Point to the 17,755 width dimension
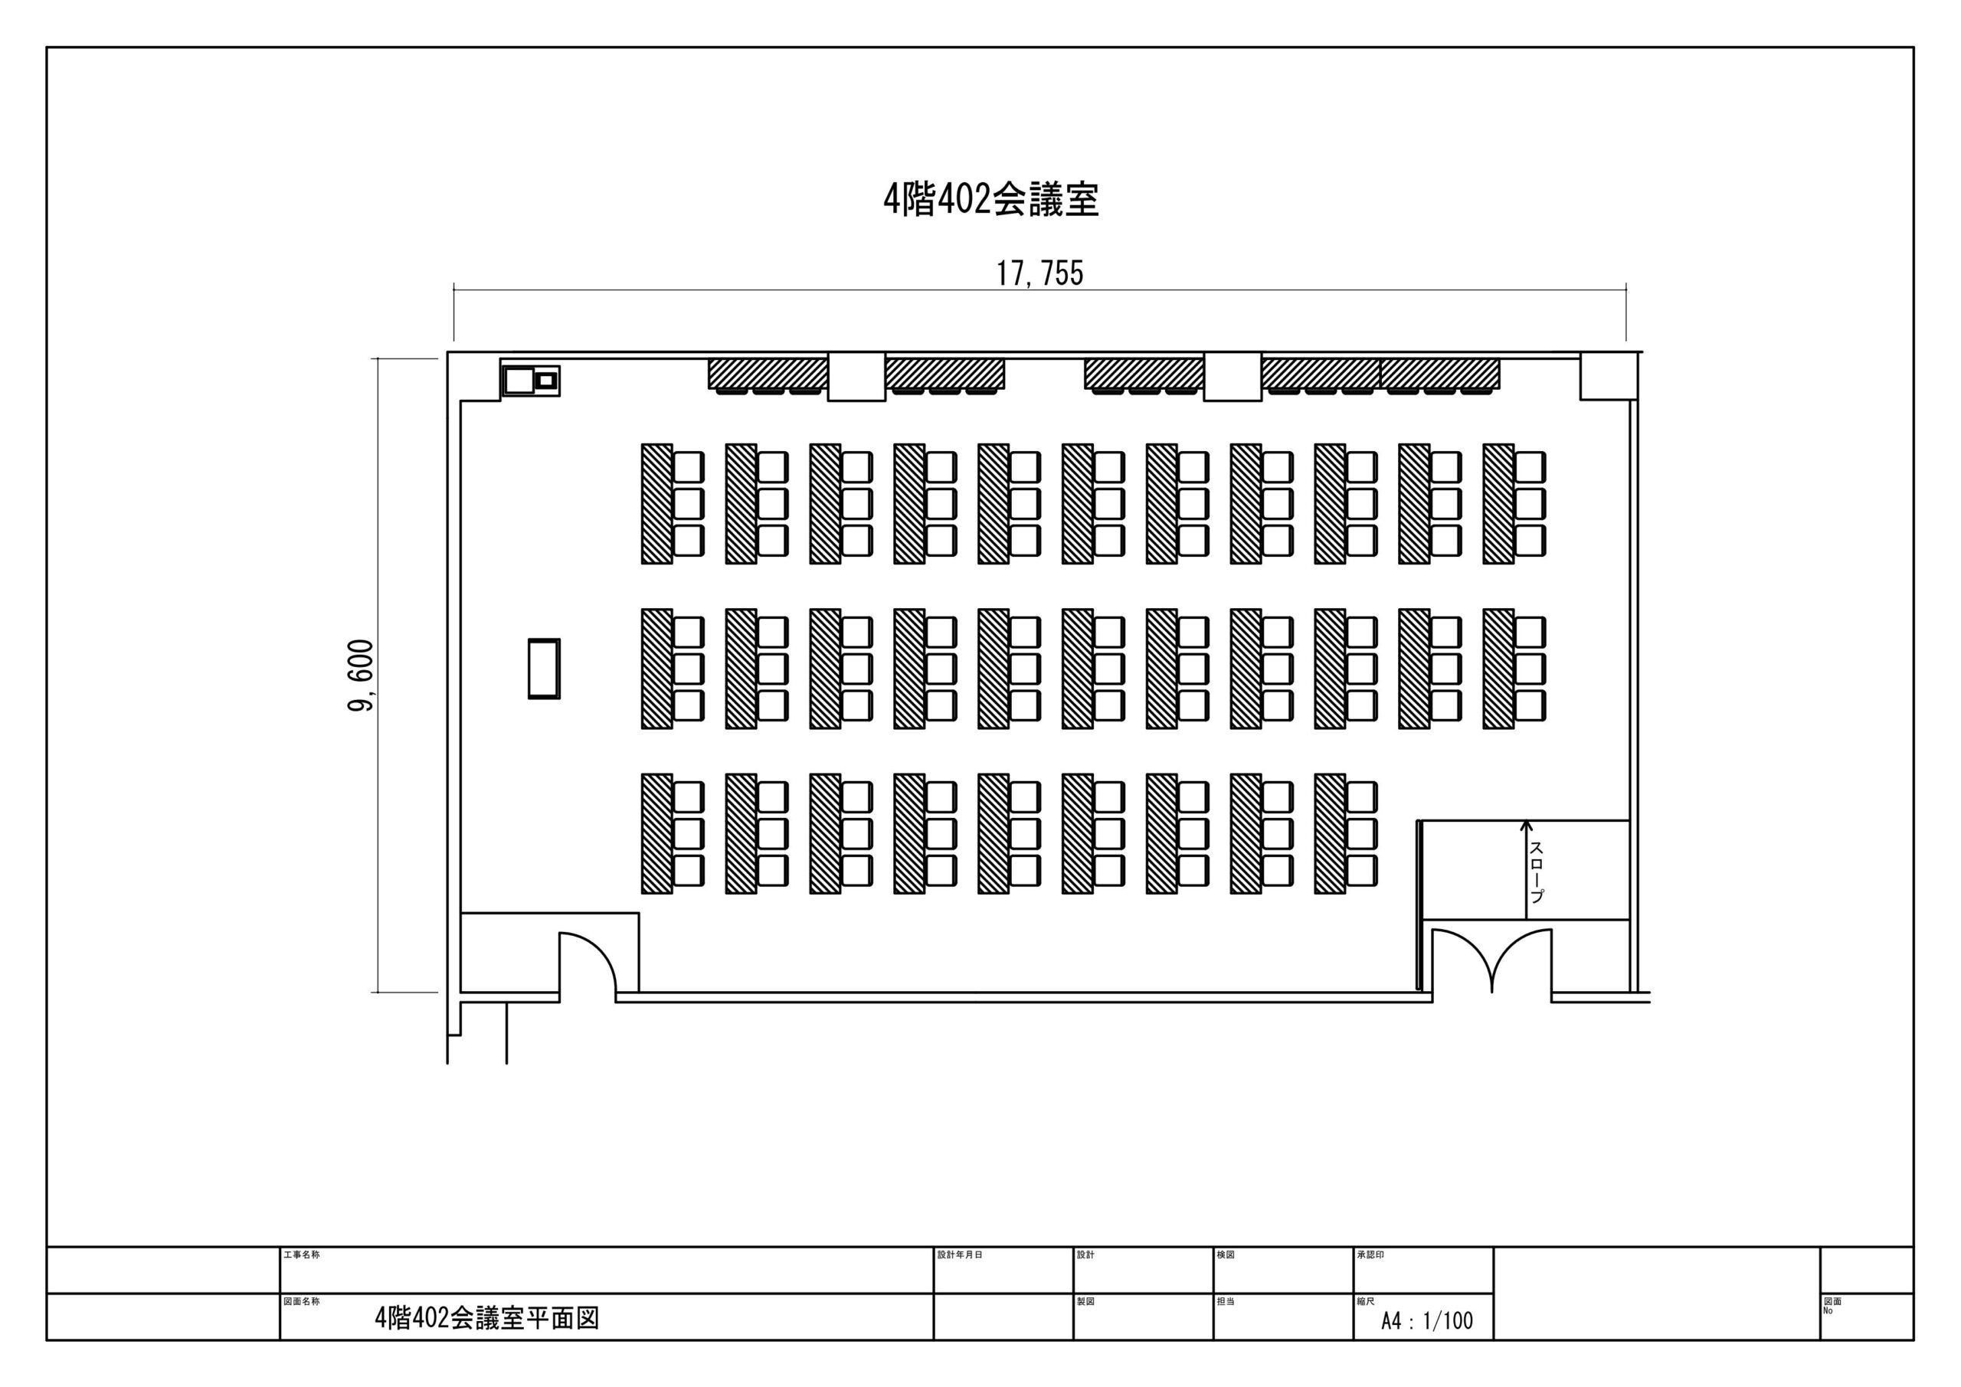coord(1039,273)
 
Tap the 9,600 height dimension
coord(362,676)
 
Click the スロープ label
coord(1537,872)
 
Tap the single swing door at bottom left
coord(588,963)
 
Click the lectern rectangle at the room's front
coord(544,669)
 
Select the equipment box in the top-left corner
coord(530,379)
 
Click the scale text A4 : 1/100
coord(1427,1321)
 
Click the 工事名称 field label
coord(302,1255)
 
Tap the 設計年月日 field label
coord(960,1255)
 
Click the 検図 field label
coord(1226,1255)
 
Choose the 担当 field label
coord(1226,1301)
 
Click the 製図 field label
coord(1085,1301)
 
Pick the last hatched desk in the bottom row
coord(1330,833)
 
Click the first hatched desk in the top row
coord(656,504)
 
